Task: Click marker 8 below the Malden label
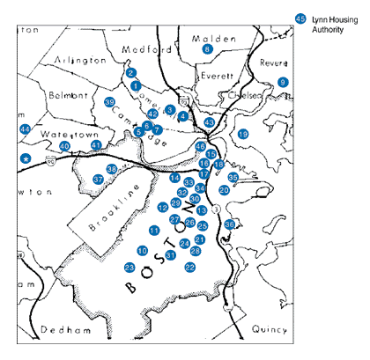[208, 49]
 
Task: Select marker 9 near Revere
[283, 82]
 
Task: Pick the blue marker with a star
[26, 158]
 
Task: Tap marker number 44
[25, 129]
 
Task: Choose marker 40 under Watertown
[64, 146]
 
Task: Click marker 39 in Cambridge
[110, 103]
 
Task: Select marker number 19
[243, 133]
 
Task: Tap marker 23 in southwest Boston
[129, 268]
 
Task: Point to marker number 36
[230, 224]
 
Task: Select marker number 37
[99, 179]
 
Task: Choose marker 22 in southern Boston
[190, 267]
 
